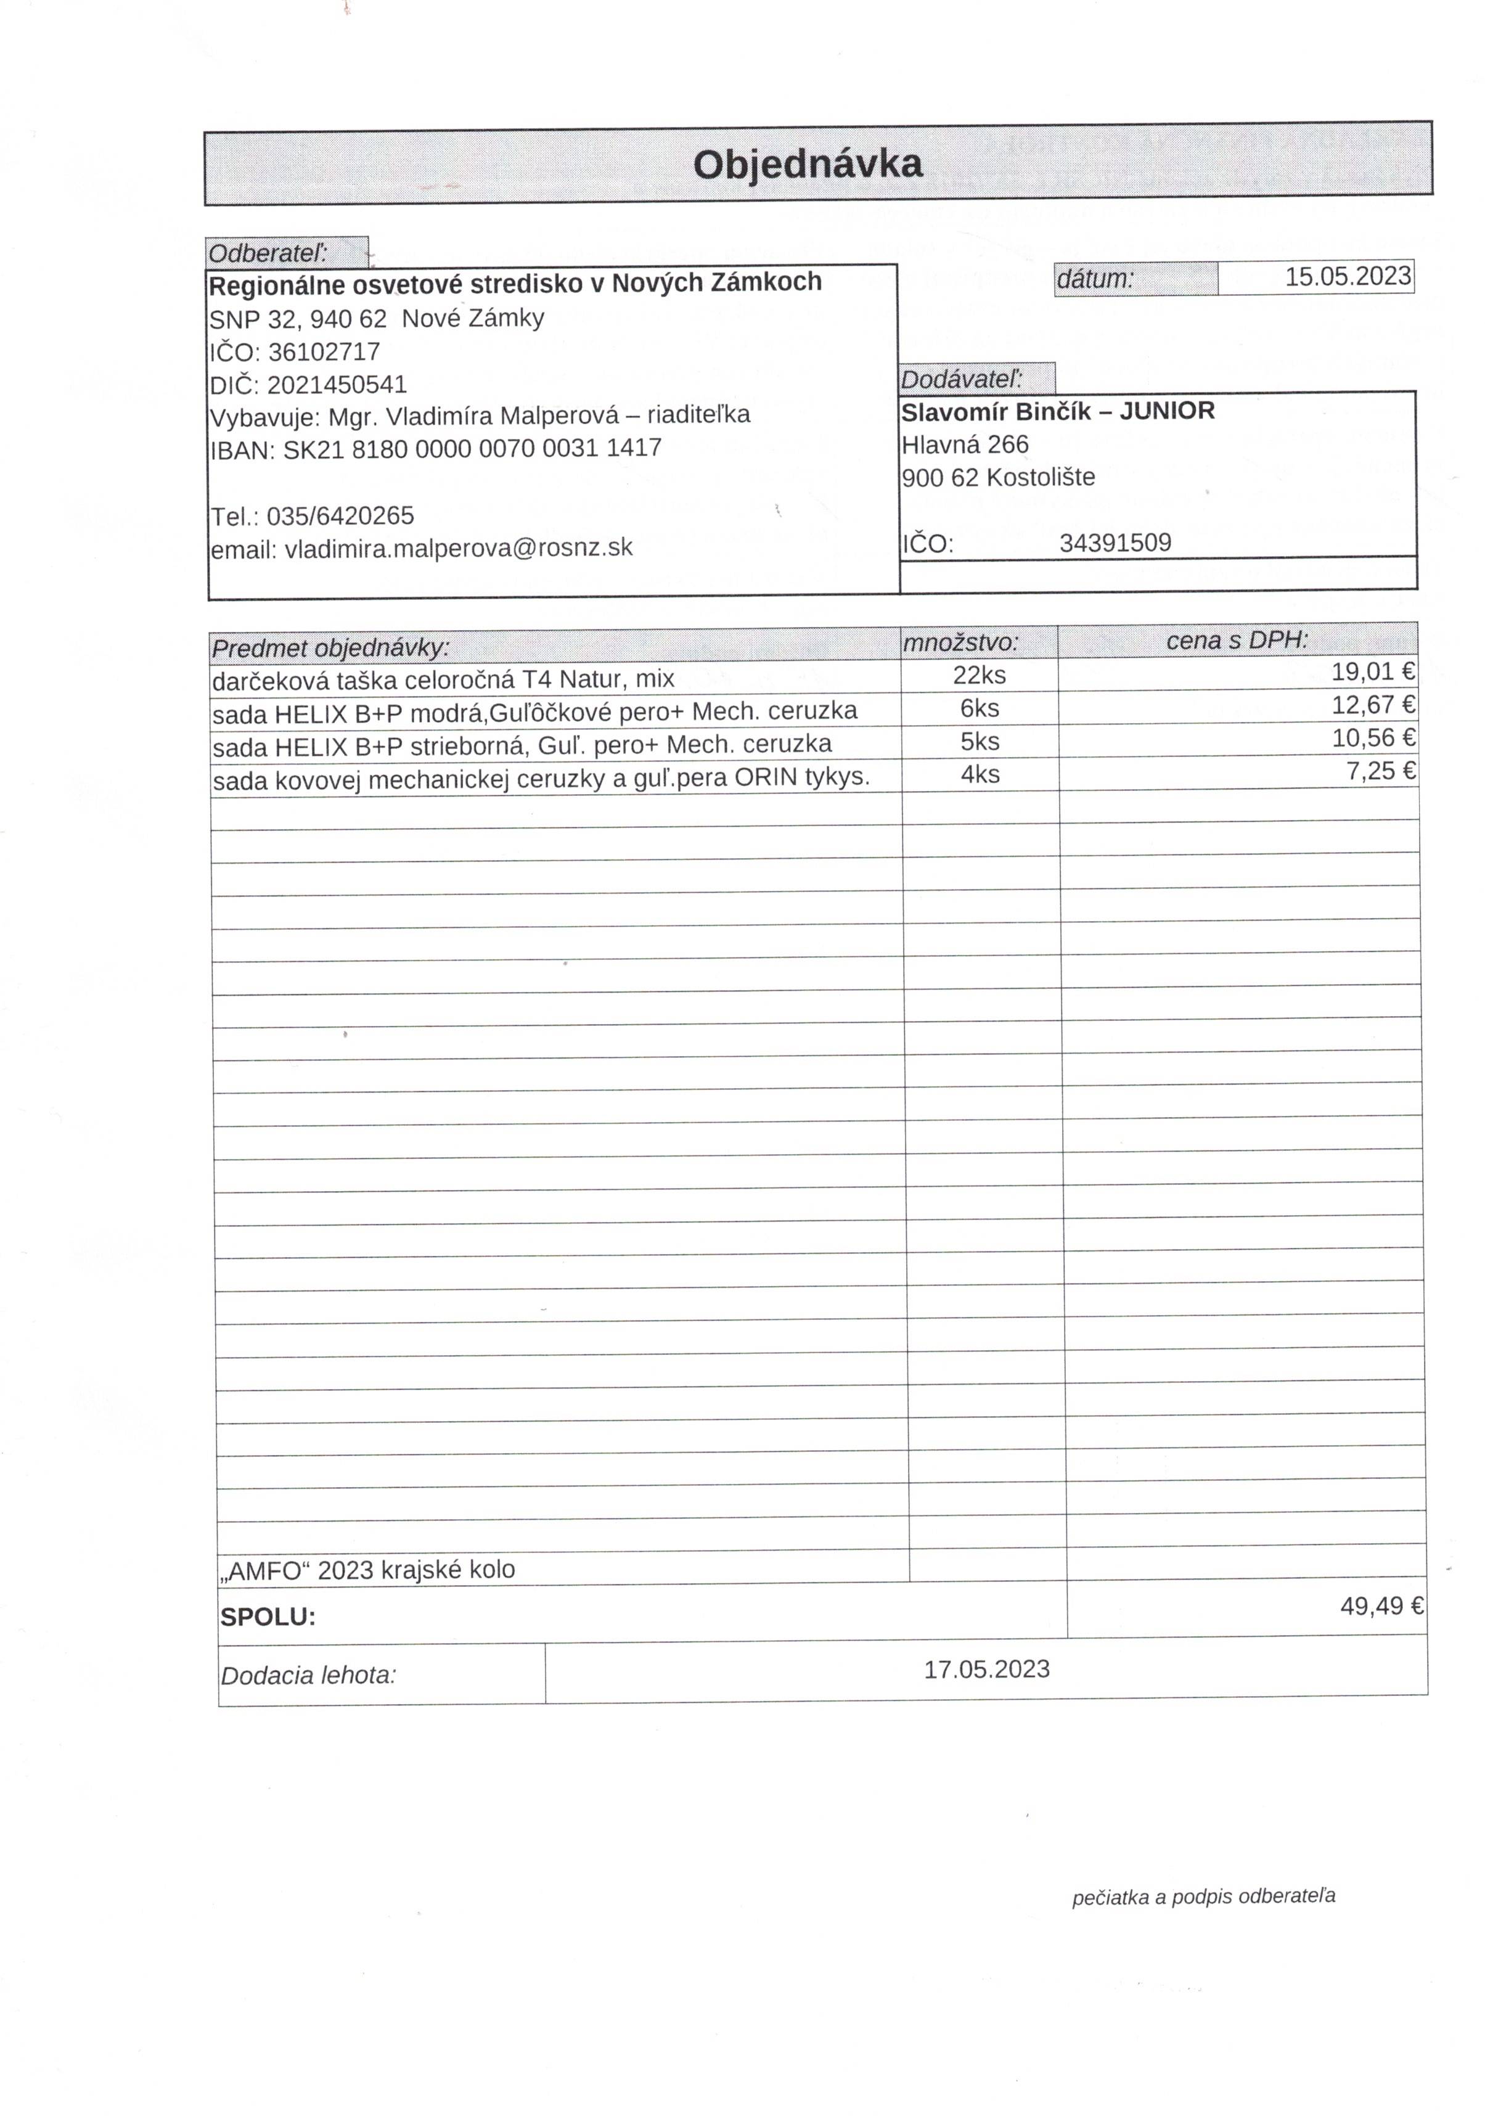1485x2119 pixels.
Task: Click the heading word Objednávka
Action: click(x=807, y=164)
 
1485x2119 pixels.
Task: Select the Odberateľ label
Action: click(x=268, y=253)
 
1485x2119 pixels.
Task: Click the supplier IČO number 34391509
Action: click(x=1115, y=543)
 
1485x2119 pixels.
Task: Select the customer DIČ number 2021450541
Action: click(x=337, y=385)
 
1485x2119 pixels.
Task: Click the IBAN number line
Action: click(x=436, y=449)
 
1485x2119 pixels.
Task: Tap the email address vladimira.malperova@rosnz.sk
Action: click(x=458, y=548)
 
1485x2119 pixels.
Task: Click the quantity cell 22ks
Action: click(x=980, y=674)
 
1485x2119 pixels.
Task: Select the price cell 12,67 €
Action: click(x=1372, y=705)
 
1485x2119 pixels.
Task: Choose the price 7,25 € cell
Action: click(x=1380, y=771)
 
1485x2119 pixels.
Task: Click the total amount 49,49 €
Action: click(x=1381, y=1606)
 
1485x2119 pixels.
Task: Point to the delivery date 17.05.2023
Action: click(x=986, y=1668)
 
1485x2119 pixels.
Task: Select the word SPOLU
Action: click(x=268, y=1617)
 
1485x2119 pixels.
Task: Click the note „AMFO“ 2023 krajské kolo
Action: click(x=367, y=1570)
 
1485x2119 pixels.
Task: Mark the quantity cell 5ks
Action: click(x=980, y=741)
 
